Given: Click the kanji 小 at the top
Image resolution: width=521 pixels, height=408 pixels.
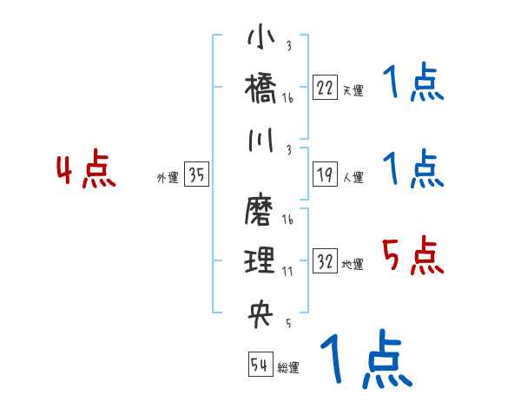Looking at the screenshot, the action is [x=260, y=39].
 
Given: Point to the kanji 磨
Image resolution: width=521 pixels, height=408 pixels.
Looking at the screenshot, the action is [x=260, y=209].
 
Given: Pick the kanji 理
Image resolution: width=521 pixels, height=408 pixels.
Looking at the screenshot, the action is [x=260, y=260].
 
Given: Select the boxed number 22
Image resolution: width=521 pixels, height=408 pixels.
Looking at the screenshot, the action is [x=325, y=87].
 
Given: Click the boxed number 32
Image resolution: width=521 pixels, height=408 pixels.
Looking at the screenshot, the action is [x=325, y=262].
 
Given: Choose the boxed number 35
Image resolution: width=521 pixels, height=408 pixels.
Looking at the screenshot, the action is [x=196, y=175].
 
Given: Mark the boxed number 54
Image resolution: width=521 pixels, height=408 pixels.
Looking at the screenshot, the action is [x=260, y=365].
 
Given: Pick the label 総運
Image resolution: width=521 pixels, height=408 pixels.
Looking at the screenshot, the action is [x=288, y=368].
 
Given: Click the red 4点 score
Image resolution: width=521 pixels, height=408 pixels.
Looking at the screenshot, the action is [x=85, y=171].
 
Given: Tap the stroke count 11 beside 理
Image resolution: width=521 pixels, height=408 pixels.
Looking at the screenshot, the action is [x=287, y=272].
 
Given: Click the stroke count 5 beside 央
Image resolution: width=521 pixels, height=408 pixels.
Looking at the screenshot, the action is [x=287, y=324].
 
